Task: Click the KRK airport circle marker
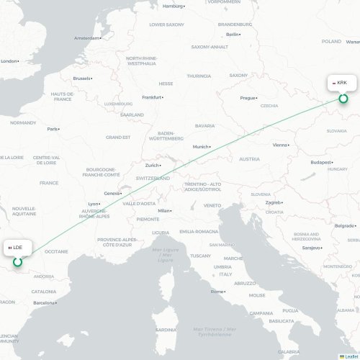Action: pos(343,99)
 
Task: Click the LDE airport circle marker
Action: pos(18,262)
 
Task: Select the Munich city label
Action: pos(200,147)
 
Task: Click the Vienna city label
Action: pos(281,144)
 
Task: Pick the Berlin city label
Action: pos(233,34)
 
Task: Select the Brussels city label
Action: pos(82,78)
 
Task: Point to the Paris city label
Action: pos(53,129)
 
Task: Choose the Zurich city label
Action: pos(152,165)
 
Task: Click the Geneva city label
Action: pos(112,193)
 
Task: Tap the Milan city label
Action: pos(165,210)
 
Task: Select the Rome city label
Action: pos(217,292)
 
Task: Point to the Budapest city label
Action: pos(320,163)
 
